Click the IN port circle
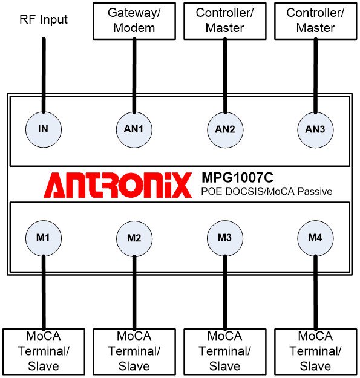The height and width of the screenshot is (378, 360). click(44, 129)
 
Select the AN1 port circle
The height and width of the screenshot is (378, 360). click(134, 129)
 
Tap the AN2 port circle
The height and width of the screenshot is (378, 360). click(225, 129)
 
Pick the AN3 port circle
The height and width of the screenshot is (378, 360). click(315, 129)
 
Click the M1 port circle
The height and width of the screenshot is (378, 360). click(44, 238)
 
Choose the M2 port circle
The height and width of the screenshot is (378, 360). click(134, 238)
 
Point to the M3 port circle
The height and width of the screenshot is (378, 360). click(225, 238)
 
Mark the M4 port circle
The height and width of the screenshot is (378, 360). click(315, 238)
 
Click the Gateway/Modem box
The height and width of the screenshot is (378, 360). click(134, 21)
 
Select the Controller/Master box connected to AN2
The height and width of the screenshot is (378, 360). click(225, 21)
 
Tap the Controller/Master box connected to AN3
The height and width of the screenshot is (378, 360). click(316, 21)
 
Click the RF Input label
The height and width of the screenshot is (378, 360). click(44, 19)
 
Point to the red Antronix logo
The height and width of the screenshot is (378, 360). click(117, 185)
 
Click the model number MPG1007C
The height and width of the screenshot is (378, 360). click(237, 178)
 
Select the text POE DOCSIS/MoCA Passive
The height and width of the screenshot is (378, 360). click(267, 191)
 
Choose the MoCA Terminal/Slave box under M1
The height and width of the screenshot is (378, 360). click(44, 351)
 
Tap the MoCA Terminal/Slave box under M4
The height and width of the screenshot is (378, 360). click(316, 351)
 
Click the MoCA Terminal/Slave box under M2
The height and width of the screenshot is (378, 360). click(134, 351)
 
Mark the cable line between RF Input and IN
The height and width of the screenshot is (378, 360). click(44, 75)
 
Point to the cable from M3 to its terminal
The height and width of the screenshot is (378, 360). click(225, 292)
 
